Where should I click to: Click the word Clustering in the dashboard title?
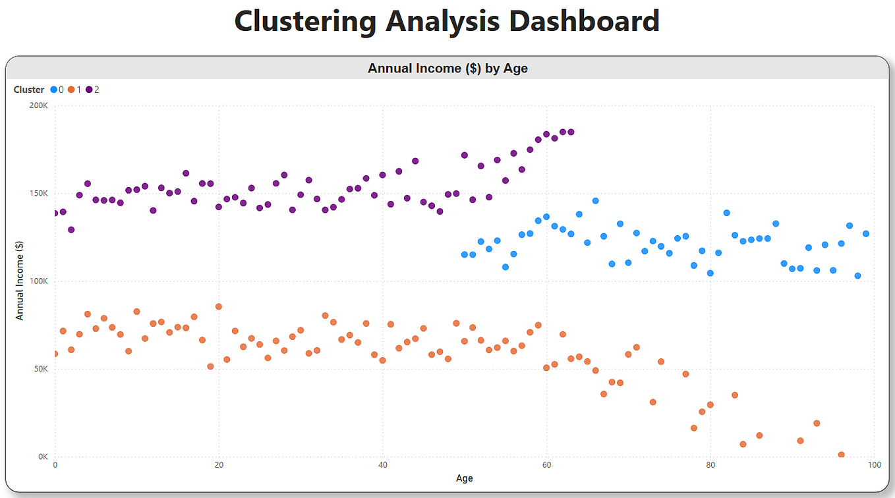[x=305, y=20]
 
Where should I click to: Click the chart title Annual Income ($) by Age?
[x=447, y=68]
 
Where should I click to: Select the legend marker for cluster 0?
[x=54, y=90]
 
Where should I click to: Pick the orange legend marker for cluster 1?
[x=71, y=90]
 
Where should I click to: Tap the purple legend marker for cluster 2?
[x=89, y=90]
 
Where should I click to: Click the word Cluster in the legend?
[x=29, y=90]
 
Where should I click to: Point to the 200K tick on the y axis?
[x=38, y=105]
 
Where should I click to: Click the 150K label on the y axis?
[x=38, y=194]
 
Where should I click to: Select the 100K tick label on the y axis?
[x=38, y=281]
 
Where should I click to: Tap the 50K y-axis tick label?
[x=40, y=369]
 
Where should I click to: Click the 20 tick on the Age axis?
[x=219, y=465]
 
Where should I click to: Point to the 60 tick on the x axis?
[x=546, y=465]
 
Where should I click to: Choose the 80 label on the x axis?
[x=710, y=465]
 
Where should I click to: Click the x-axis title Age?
[x=464, y=478]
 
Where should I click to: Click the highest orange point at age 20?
[x=219, y=306]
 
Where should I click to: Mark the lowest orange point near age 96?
[x=841, y=455]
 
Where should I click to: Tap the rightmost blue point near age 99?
[x=866, y=234]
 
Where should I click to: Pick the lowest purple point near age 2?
[x=71, y=229]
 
